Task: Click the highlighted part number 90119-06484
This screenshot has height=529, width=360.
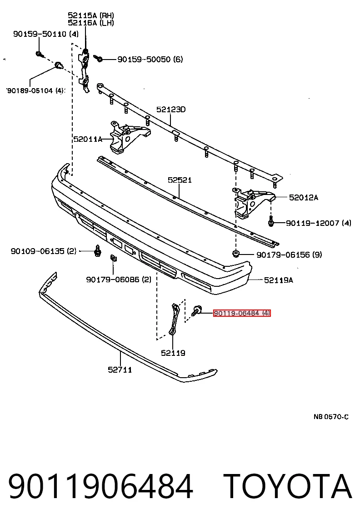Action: [242, 314]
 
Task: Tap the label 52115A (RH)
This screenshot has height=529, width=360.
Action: [91, 15]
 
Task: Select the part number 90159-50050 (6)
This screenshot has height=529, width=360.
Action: [150, 60]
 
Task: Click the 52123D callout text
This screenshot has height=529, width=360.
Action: [171, 110]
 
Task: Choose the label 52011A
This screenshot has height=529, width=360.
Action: [88, 139]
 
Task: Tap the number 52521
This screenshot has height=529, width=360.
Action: [180, 180]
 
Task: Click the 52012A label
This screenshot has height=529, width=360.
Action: [304, 197]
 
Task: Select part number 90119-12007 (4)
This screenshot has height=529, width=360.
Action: [319, 223]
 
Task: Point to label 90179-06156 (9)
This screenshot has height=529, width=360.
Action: [289, 255]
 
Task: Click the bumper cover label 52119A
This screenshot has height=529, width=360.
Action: [279, 280]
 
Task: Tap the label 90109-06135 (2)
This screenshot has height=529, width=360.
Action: [44, 251]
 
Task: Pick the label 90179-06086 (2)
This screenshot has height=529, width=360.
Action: [119, 279]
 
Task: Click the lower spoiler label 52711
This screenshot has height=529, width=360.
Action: [120, 370]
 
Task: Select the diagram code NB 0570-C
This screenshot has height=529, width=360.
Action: [331, 417]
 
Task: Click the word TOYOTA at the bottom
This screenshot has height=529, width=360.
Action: [288, 486]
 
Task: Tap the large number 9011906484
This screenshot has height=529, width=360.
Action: [101, 486]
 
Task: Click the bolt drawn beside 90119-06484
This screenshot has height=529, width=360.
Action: [196, 310]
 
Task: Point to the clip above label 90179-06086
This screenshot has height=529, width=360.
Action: [113, 259]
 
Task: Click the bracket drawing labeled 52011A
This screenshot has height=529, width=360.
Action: [129, 137]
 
